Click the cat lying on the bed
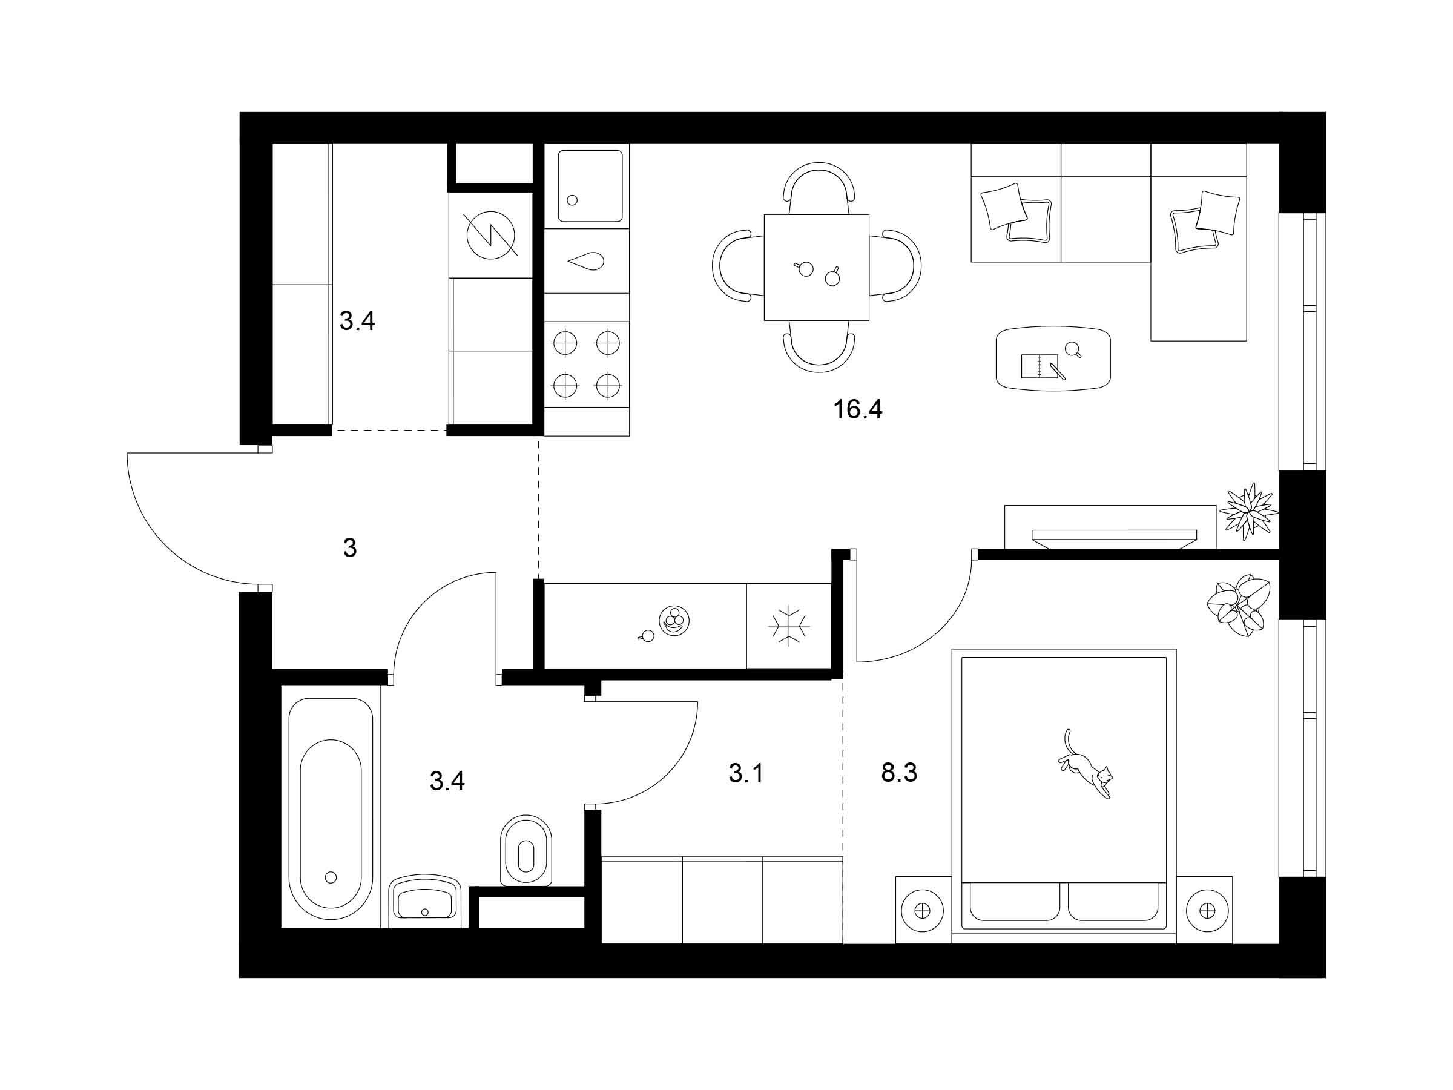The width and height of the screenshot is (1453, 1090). pos(1085,764)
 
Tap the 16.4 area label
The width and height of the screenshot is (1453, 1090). pos(857,409)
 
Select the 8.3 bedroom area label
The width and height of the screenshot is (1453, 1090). pos(898,773)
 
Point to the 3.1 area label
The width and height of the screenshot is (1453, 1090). pos(746,773)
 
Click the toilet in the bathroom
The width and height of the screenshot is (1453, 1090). pos(526,851)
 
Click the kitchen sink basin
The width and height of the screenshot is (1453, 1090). pos(590,186)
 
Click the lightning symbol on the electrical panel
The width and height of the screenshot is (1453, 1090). pos(490,235)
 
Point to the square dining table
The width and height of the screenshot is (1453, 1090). pos(817,268)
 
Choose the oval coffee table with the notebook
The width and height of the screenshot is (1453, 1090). pos(1053,358)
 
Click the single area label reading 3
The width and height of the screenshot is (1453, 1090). pos(349,547)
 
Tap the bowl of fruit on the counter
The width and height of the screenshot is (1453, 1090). pos(674,621)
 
